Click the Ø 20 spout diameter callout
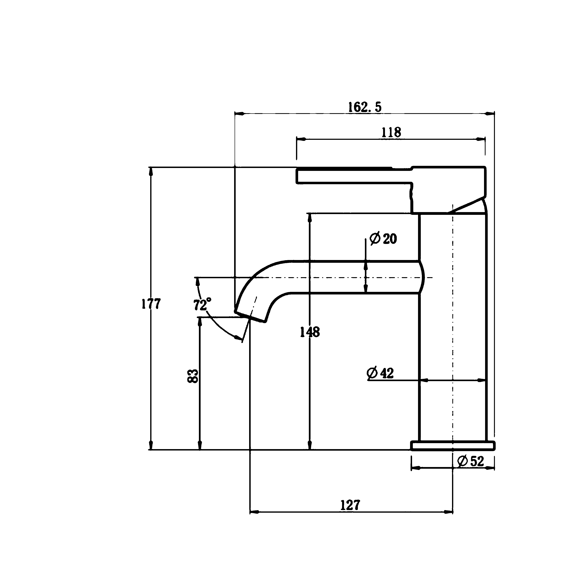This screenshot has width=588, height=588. point(383,239)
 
